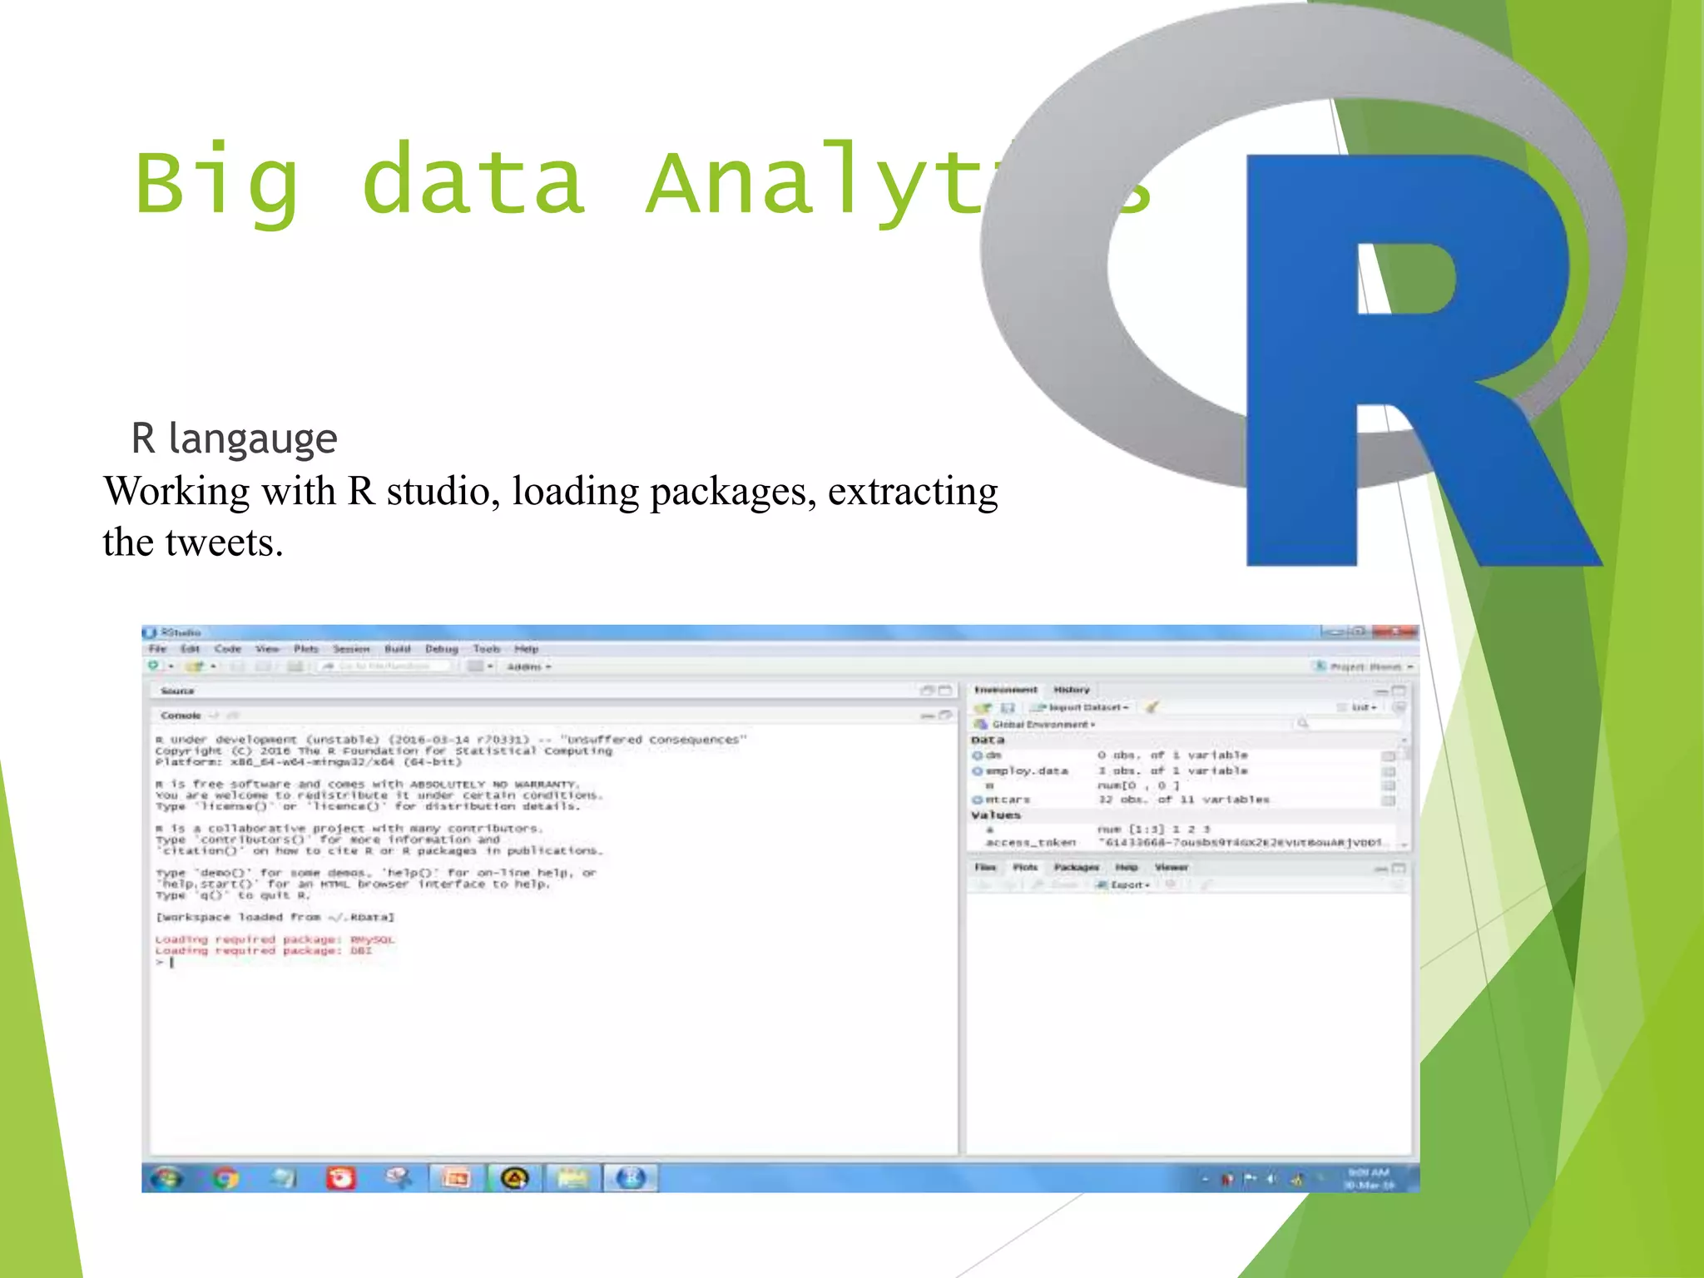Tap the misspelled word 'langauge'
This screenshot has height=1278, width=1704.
click(252, 438)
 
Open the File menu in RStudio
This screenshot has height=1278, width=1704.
click(157, 649)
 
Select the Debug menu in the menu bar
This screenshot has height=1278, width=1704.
click(442, 649)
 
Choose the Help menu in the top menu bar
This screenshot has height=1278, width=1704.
click(526, 649)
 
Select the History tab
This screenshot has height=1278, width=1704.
click(1072, 690)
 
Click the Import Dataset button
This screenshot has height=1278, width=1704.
click(1082, 707)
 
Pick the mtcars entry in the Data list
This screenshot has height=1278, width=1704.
click(1008, 800)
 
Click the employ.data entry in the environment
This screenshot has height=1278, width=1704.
click(1027, 771)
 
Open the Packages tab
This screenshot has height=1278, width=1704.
click(1077, 867)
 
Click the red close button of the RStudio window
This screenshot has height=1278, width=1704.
click(1395, 632)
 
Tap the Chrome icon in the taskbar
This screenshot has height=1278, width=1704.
click(225, 1178)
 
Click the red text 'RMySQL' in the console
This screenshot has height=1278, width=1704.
click(373, 940)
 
